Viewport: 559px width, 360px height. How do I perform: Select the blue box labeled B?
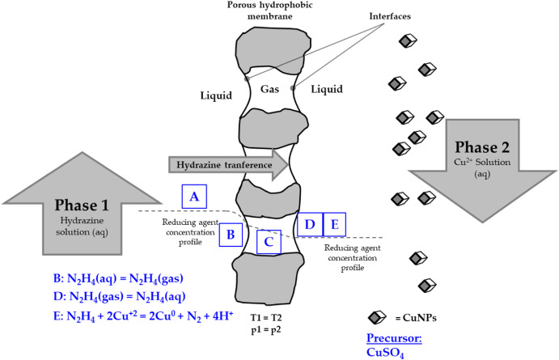point(231,235)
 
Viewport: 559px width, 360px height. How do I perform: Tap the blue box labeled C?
point(269,241)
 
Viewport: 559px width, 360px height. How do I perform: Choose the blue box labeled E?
point(334,223)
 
